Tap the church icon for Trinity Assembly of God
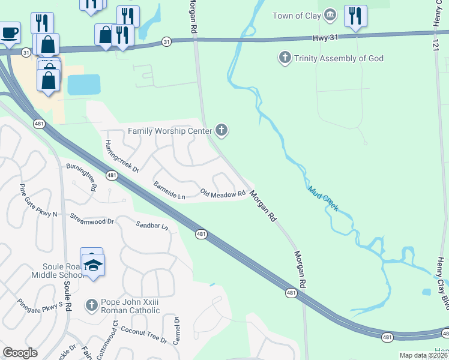284,58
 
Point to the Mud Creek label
323,199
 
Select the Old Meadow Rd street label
223,194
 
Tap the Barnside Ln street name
169,190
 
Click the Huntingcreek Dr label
122,156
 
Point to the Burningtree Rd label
82,176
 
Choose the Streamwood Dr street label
92,218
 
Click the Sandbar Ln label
152,226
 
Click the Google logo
20,352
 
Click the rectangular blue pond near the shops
84,85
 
